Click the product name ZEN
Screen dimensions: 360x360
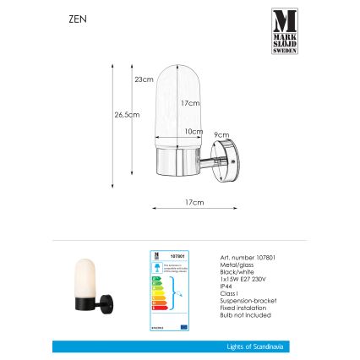point(71,17)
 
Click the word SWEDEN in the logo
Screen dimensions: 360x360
point(284,51)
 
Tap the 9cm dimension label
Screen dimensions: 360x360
point(219,134)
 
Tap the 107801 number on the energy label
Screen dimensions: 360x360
point(175,254)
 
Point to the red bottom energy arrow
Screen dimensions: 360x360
point(156,306)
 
